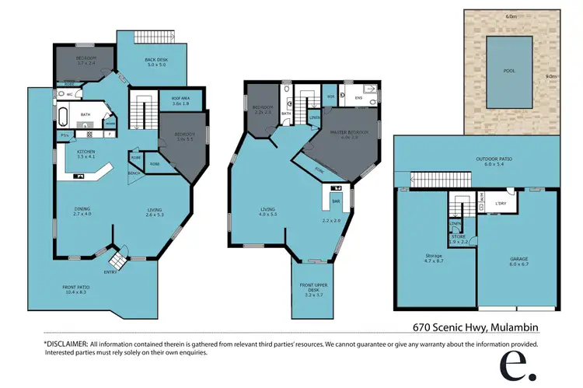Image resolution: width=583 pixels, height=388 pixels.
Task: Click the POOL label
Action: tap(509, 70)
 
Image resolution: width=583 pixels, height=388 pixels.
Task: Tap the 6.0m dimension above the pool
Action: tap(510, 15)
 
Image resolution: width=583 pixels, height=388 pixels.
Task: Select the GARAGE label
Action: tap(518, 259)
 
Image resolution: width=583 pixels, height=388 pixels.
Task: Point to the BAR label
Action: tap(337, 201)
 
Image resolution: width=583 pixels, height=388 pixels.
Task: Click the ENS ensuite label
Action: tap(358, 99)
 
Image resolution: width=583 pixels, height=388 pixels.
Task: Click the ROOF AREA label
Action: tap(181, 99)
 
